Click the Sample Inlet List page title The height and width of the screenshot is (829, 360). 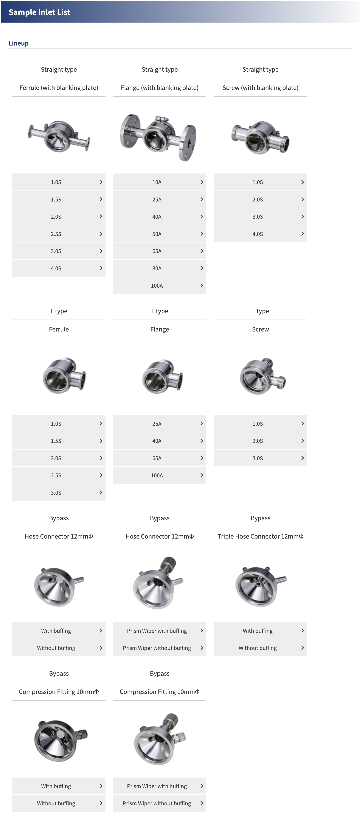[39, 12]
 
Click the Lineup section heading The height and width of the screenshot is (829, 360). [18, 43]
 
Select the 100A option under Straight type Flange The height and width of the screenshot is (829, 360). [159, 285]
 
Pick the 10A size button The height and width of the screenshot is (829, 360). [159, 182]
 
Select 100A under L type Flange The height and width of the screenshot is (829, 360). [159, 475]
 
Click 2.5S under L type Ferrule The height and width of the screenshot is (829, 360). [59, 475]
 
